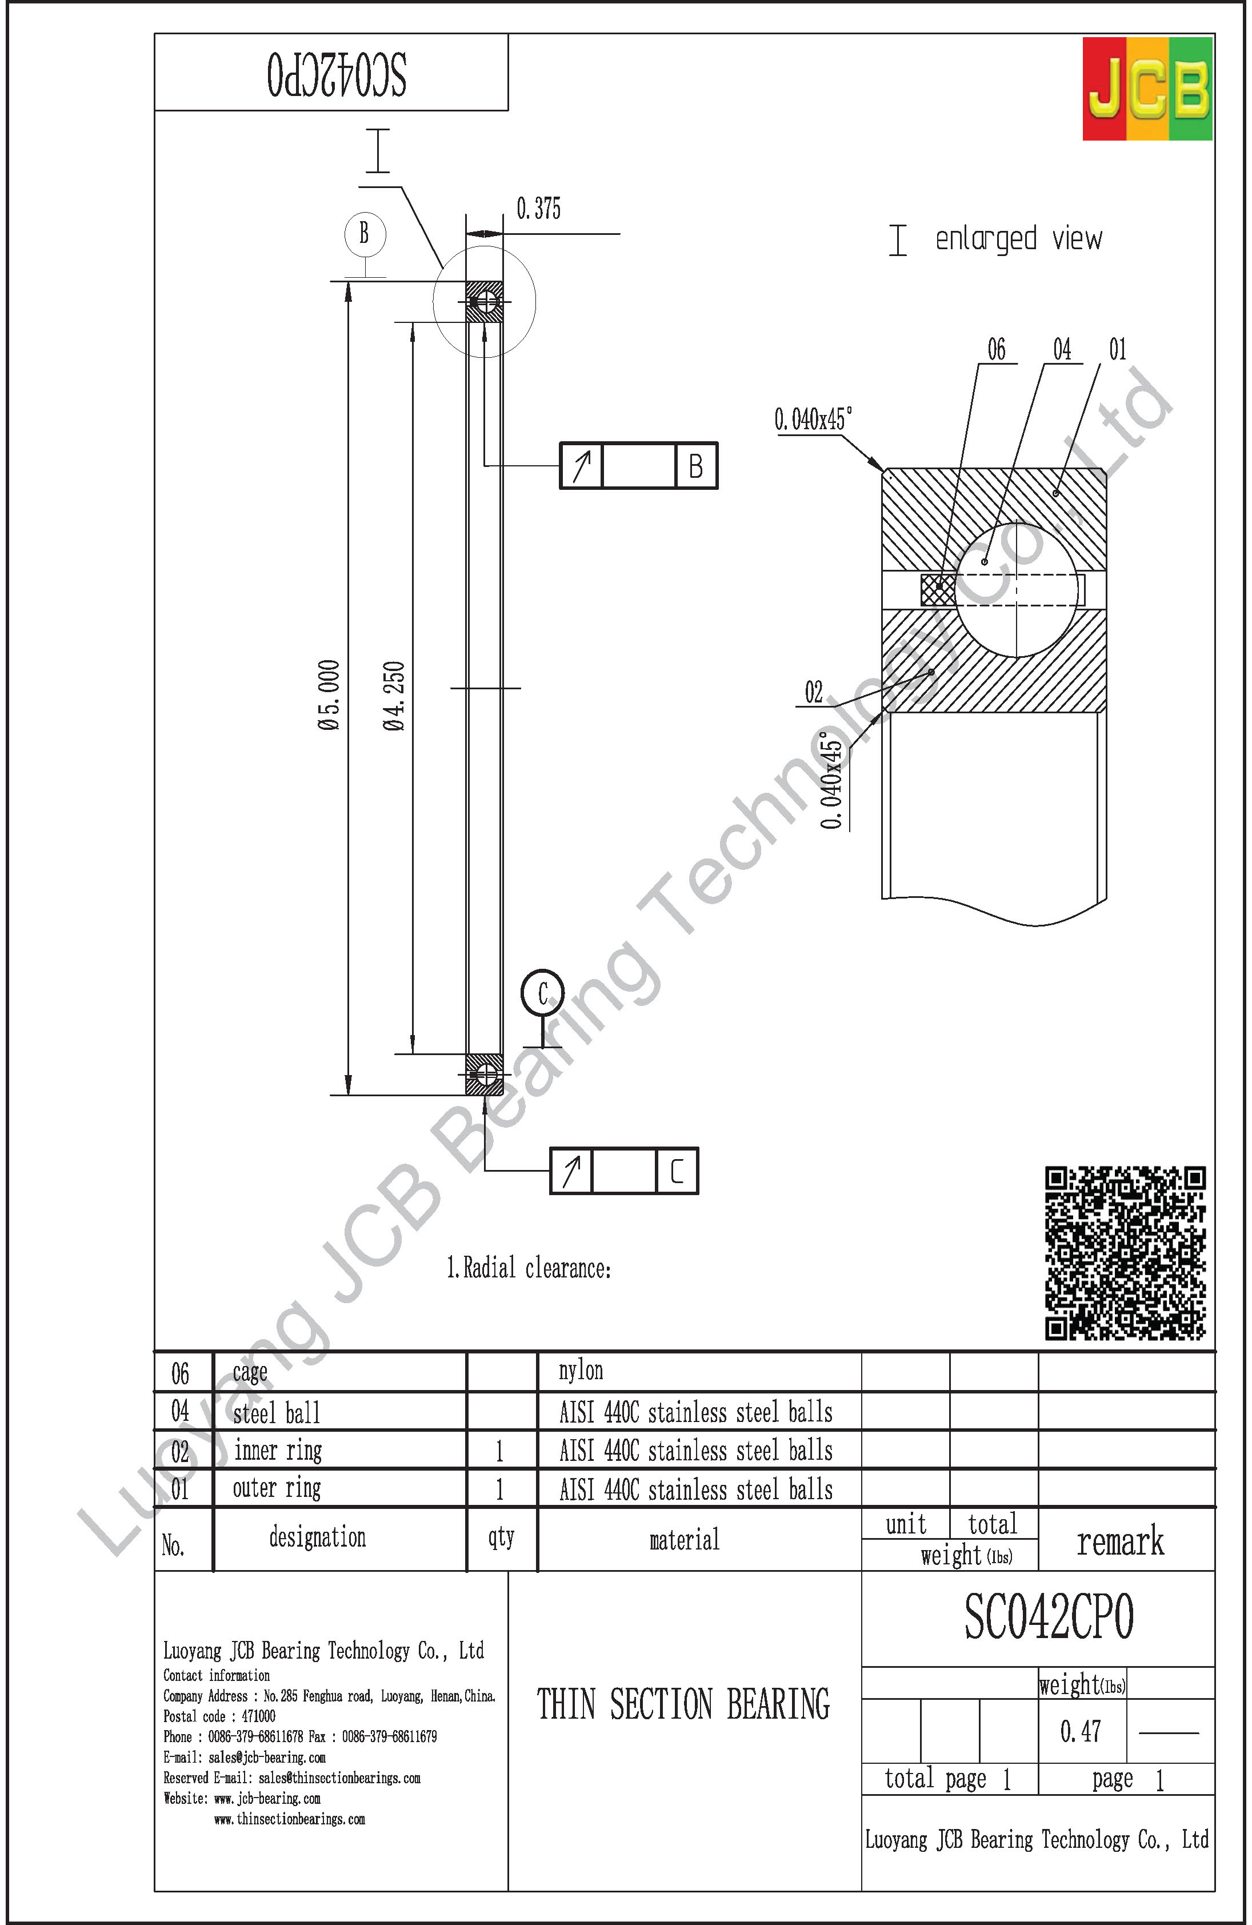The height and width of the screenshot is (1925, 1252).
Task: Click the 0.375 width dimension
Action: [539, 209]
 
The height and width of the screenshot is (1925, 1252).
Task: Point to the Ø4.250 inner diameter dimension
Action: [394, 696]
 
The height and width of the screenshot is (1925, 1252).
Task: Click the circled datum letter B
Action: [364, 234]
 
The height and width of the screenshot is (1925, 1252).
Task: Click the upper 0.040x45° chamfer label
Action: [812, 419]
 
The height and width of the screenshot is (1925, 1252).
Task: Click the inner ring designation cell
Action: [277, 1450]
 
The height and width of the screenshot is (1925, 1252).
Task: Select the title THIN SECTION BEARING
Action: [683, 1704]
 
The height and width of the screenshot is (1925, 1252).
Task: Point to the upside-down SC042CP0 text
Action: [337, 75]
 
